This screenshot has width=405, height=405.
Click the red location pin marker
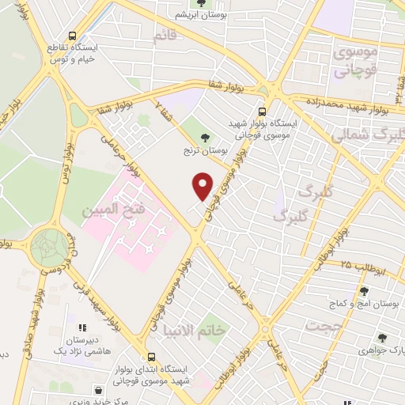click(203, 185)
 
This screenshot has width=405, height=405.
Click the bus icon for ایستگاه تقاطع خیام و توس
click(73, 36)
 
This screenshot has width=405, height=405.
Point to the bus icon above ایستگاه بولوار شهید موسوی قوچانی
click(263, 112)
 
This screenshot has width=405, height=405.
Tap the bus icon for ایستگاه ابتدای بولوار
click(151, 356)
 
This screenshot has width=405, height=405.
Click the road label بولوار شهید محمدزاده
click(356, 101)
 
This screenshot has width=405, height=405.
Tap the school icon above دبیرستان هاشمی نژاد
click(80, 327)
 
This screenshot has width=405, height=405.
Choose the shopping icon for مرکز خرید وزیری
click(98, 389)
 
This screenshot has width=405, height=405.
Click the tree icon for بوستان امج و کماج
click(363, 291)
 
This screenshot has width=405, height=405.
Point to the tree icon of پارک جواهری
click(381, 335)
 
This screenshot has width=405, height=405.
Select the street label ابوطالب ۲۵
click(365, 268)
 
